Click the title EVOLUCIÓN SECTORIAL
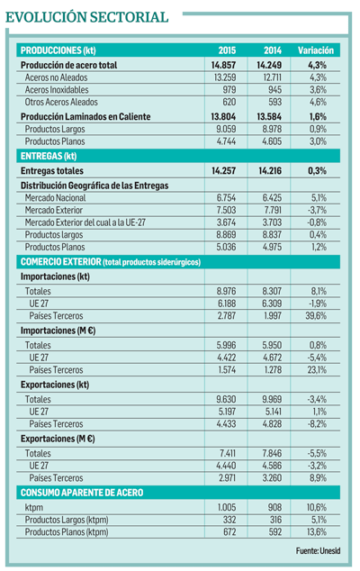click(87, 17)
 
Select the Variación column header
click(316, 50)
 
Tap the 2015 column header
click(227, 50)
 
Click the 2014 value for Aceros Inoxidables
click(274, 89)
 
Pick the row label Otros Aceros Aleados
click(61, 102)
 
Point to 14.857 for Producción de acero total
click(223, 65)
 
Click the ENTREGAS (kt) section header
click(49, 156)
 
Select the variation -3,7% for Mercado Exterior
click(317, 210)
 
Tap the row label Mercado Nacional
click(55, 198)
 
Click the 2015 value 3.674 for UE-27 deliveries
click(226, 222)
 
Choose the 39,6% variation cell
click(316, 316)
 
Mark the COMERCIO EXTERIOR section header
click(111, 262)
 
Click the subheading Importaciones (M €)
click(58, 331)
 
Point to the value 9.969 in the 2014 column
click(272, 400)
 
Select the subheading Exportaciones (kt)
click(55, 385)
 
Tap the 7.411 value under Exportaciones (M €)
click(228, 453)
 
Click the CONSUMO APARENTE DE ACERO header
click(82, 493)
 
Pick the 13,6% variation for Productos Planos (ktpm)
click(316, 532)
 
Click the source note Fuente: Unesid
click(318, 551)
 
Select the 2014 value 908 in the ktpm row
click(274, 507)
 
